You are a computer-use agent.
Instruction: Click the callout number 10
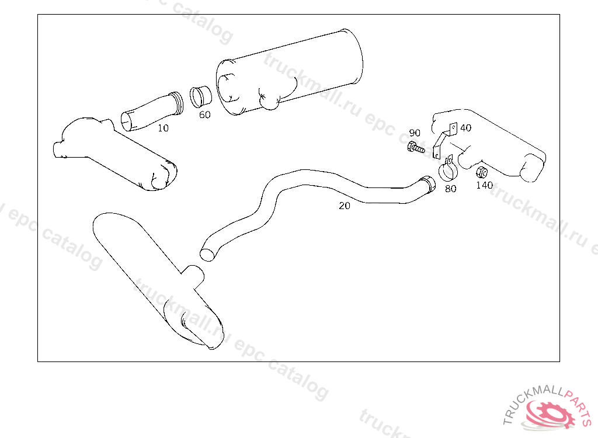click(164, 128)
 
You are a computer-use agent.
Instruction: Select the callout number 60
click(205, 115)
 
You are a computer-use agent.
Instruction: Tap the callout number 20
click(345, 206)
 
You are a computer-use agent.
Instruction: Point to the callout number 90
click(415, 133)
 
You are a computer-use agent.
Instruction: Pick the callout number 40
click(465, 128)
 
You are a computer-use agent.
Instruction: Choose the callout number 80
click(450, 189)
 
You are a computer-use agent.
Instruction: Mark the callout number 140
click(484, 186)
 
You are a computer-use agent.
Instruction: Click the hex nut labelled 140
click(482, 172)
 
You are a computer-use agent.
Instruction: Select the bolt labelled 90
click(416, 147)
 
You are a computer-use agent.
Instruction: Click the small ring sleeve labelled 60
click(201, 97)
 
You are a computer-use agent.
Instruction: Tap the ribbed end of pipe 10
click(177, 103)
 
